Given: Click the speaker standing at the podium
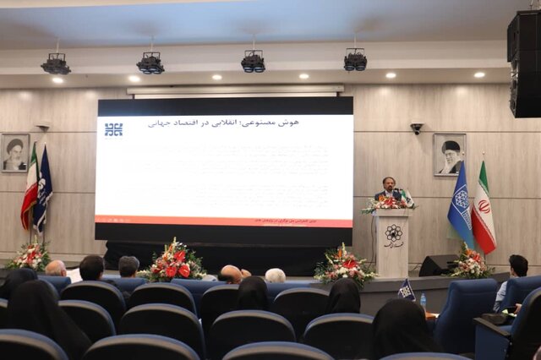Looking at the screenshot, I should click(389, 188).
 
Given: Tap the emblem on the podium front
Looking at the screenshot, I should click(393, 234).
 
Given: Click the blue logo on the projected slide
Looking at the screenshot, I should click(113, 129).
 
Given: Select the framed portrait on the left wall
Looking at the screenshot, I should click(14, 152).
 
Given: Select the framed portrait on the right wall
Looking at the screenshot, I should click(449, 154).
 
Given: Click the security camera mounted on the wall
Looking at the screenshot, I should click(417, 128).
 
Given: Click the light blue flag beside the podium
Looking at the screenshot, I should click(460, 207).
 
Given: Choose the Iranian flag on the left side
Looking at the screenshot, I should click(30, 190).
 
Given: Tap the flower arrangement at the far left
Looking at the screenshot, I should click(28, 255).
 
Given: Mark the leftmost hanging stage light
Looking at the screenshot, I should click(56, 64).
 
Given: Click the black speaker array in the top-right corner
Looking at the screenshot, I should click(523, 63).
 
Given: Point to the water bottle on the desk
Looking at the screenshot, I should click(423, 299).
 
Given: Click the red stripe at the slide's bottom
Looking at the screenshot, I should click(224, 222).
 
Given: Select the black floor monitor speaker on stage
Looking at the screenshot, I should click(438, 265).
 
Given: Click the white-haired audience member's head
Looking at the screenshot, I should click(275, 275).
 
